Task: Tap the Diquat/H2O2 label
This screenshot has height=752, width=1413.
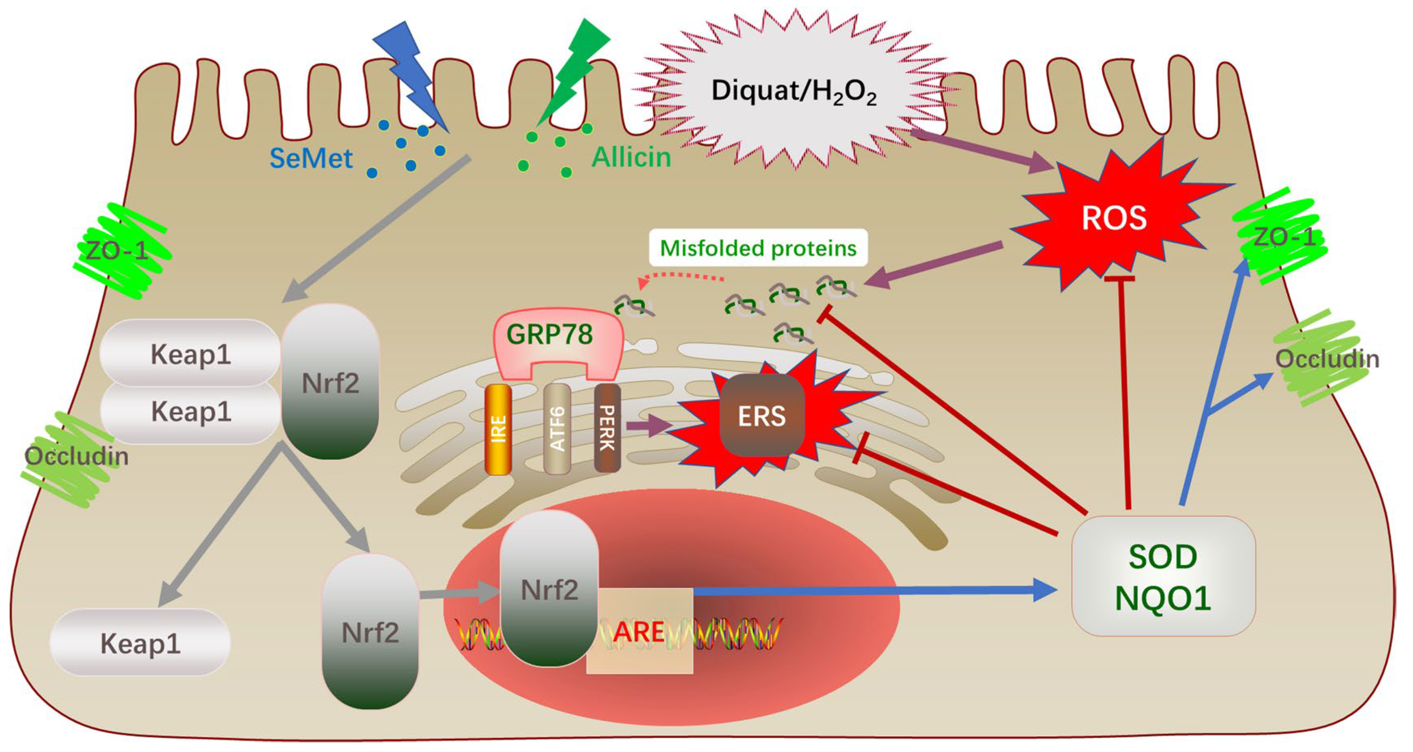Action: (x=794, y=92)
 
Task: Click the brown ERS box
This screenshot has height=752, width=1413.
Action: (x=761, y=416)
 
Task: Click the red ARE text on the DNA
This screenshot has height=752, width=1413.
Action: (x=639, y=632)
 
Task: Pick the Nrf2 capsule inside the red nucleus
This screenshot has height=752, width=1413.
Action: (x=549, y=590)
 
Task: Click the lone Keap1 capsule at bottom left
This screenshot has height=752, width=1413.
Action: (x=140, y=643)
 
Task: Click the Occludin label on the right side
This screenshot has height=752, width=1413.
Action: (x=1326, y=359)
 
